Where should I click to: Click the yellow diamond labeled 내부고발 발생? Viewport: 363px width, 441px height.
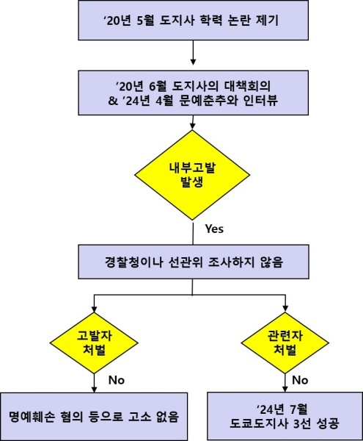pyautogui.click(x=192, y=175)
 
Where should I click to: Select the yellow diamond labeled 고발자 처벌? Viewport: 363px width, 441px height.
pyautogui.click(x=94, y=343)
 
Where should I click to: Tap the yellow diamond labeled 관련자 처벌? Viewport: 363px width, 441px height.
pyautogui.click(x=285, y=343)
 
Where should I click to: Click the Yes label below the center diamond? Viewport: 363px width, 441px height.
pyautogui.click(x=214, y=229)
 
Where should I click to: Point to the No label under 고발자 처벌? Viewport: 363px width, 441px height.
pyautogui.click(x=117, y=380)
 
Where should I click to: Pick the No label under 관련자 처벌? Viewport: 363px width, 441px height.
pyautogui.click(x=300, y=380)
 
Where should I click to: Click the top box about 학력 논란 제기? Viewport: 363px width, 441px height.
pyautogui.click(x=194, y=21)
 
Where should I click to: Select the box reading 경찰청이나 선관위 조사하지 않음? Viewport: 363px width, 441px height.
pyautogui.click(x=194, y=262)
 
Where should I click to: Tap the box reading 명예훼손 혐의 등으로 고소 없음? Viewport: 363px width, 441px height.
pyautogui.click(x=94, y=417)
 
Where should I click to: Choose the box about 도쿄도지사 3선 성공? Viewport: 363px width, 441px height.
pyautogui.click(x=285, y=416)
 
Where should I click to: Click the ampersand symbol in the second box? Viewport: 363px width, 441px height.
pyautogui.click(x=113, y=101)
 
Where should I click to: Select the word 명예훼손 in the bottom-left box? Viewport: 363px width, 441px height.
pyautogui.click(x=32, y=417)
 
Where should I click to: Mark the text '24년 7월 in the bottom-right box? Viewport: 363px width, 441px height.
pyautogui.click(x=282, y=409)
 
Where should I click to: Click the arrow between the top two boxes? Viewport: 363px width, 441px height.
pyautogui.click(x=193, y=53)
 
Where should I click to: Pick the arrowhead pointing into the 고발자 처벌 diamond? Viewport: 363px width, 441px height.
pyautogui.click(x=95, y=309)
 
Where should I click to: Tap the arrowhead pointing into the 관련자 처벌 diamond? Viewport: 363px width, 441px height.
pyautogui.click(x=285, y=309)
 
